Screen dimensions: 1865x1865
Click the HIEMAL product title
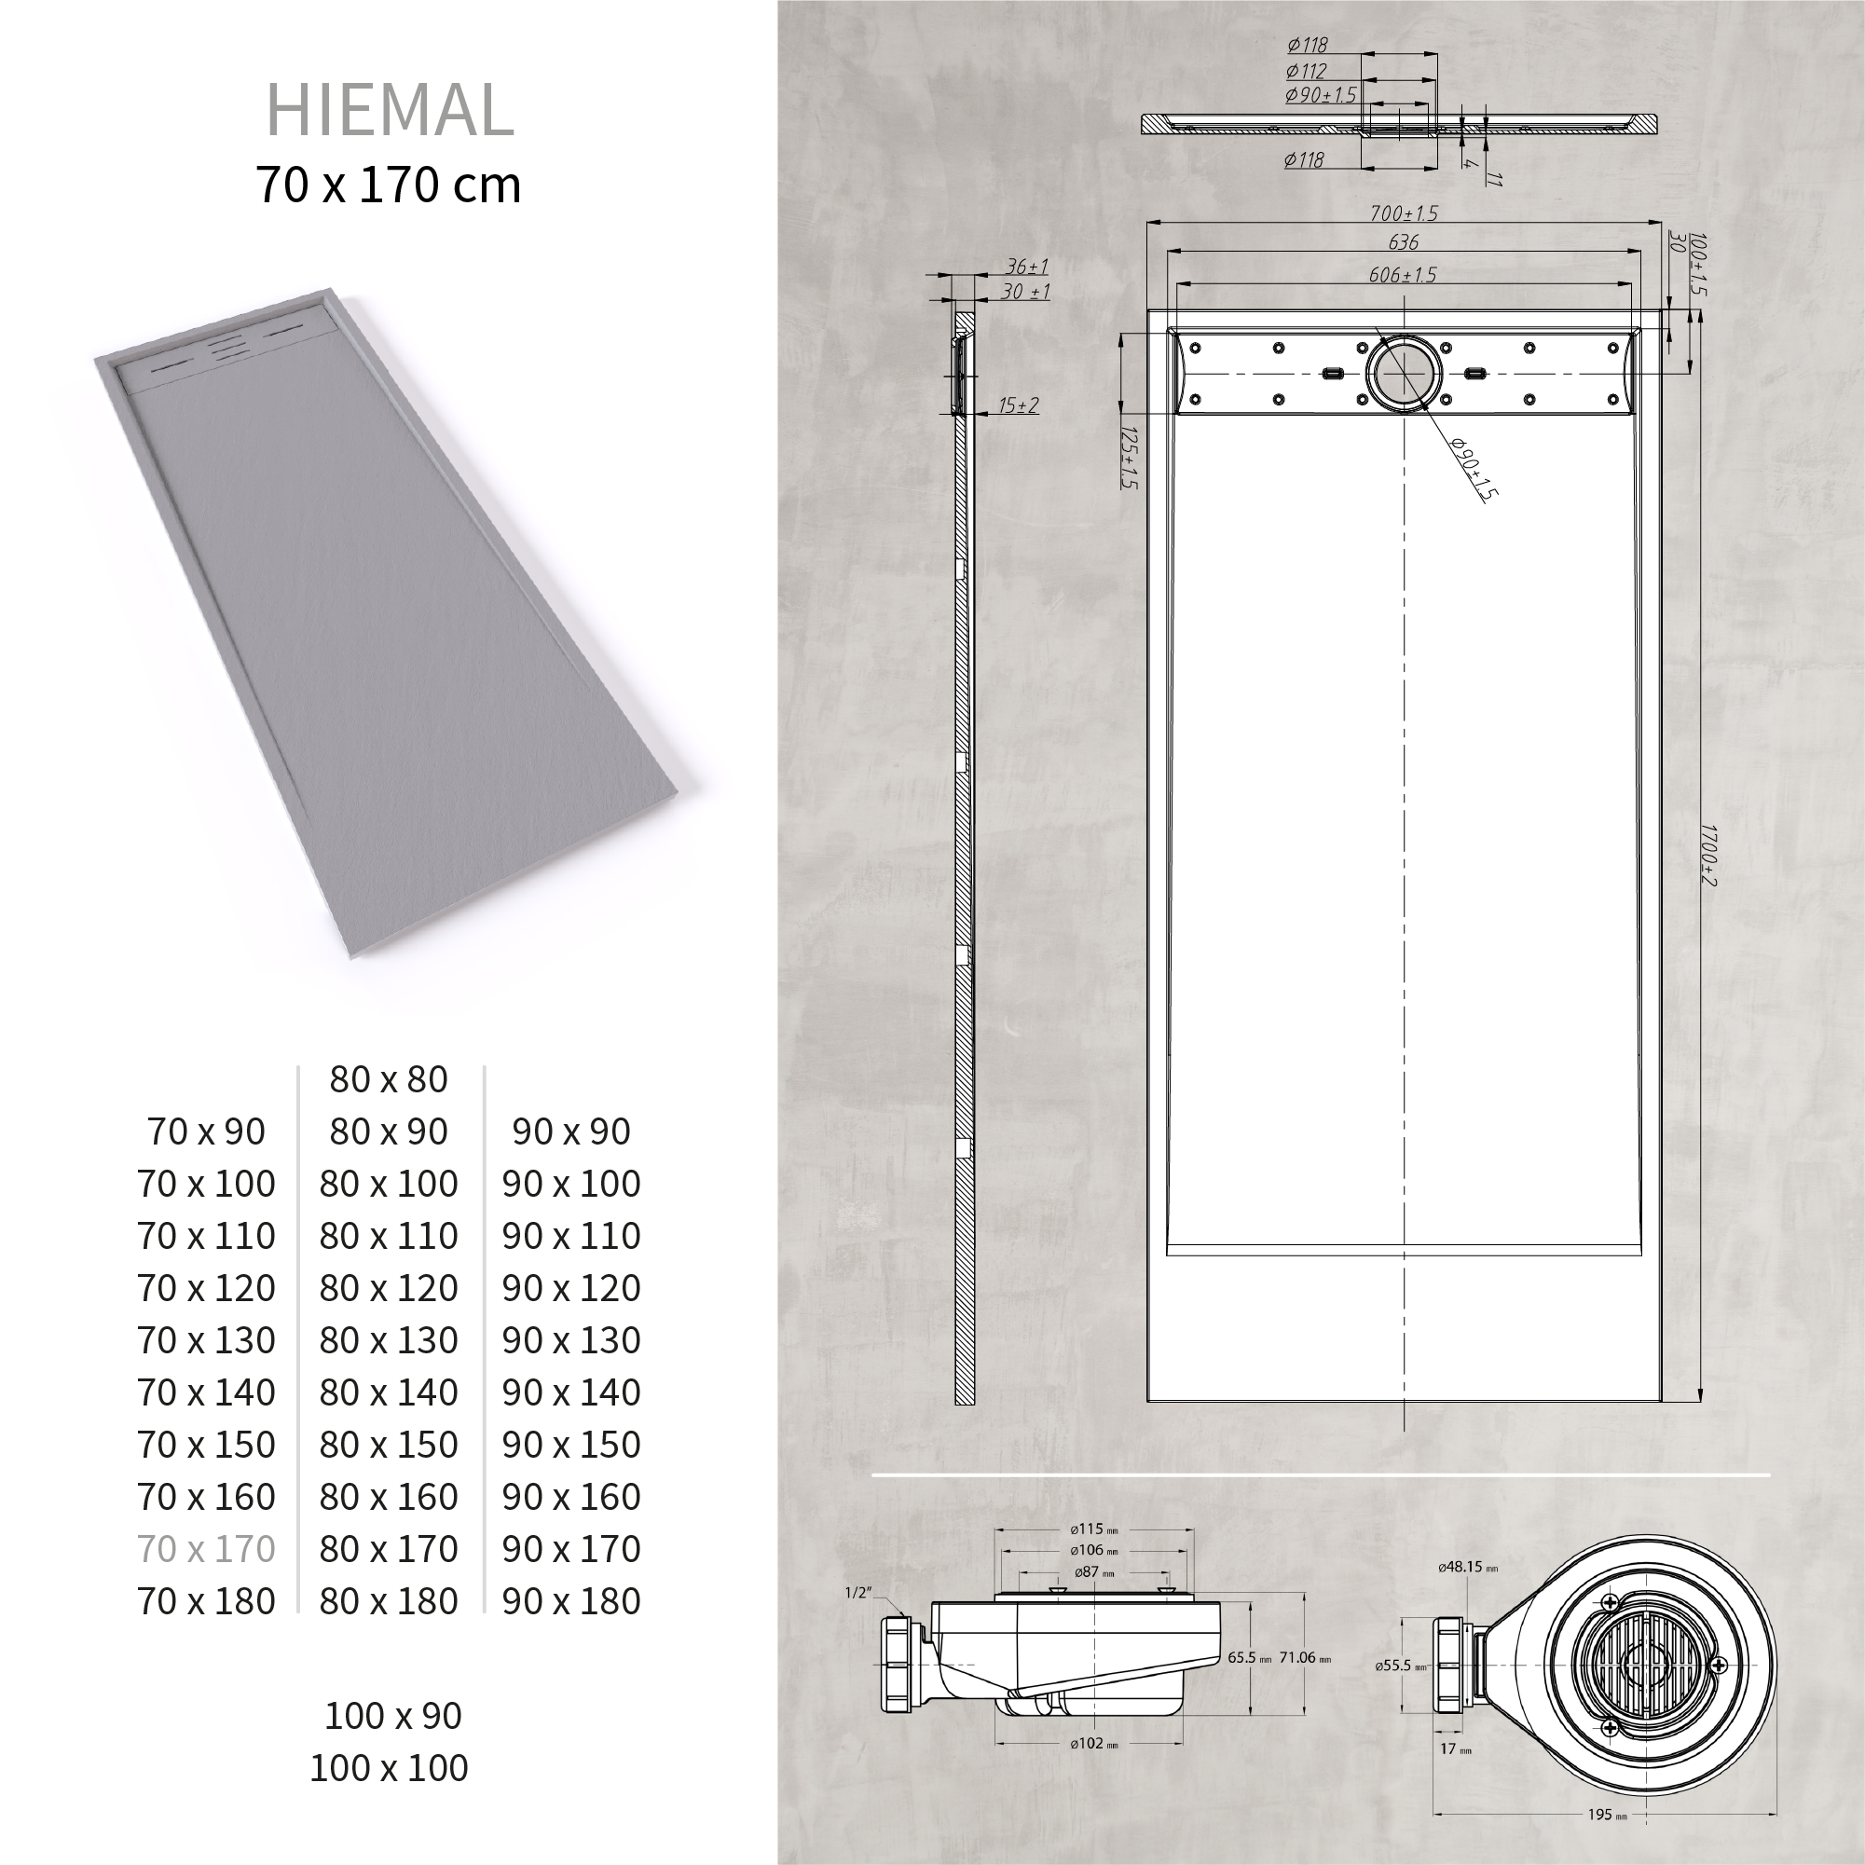[x=389, y=110]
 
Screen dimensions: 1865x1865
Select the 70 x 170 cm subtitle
[x=388, y=185]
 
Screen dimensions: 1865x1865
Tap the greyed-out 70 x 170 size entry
[x=207, y=1548]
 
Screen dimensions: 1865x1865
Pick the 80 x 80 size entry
[x=388, y=1079]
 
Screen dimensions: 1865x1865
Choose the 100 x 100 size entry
[x=388, y=1767]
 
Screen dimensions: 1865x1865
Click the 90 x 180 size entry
[x=570, y=1600]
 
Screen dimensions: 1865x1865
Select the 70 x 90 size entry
[x=207, y=1131]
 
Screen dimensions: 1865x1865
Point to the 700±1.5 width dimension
[x=1403, y=213]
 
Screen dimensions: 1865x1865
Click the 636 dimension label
[x=1403, y=242]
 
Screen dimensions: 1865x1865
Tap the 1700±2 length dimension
[x=1707, y=855]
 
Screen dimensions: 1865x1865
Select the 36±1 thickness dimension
[x=1026, y=267]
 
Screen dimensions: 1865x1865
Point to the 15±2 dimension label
[x=1018, y=405]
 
